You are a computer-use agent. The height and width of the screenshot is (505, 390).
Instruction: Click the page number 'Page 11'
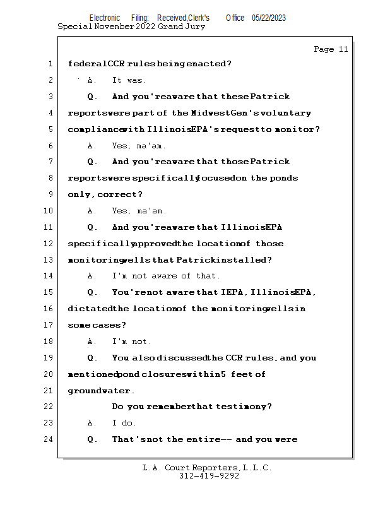[x=331, y=49]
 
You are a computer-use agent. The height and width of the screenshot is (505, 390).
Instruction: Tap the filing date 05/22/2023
[x=268, y=18]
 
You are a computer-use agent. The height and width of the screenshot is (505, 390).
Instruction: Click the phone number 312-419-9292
[x=209, y=477]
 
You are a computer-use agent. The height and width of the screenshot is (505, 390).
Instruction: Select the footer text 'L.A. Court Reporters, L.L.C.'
[x=207, y=468]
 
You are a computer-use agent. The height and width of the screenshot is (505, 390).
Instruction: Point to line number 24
[x=50, y=439]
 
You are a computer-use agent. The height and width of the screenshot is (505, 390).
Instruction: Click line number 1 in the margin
[x=50, y=64]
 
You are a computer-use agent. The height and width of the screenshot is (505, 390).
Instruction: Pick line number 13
[x=50, y=259]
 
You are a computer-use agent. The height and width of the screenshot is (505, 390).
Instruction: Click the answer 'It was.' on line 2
[x=129, y=80]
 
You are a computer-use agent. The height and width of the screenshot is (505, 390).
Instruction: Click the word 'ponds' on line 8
[x=284, y=178]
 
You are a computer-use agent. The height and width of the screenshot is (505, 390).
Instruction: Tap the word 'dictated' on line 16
[x=90, y=309]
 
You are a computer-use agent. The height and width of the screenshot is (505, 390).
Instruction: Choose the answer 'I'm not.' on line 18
[x=132, y=342]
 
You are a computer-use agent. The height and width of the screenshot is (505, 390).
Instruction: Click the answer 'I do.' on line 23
[x=124, y=423]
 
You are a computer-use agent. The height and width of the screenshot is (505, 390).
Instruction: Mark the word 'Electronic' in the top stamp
[x=105, y=18]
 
